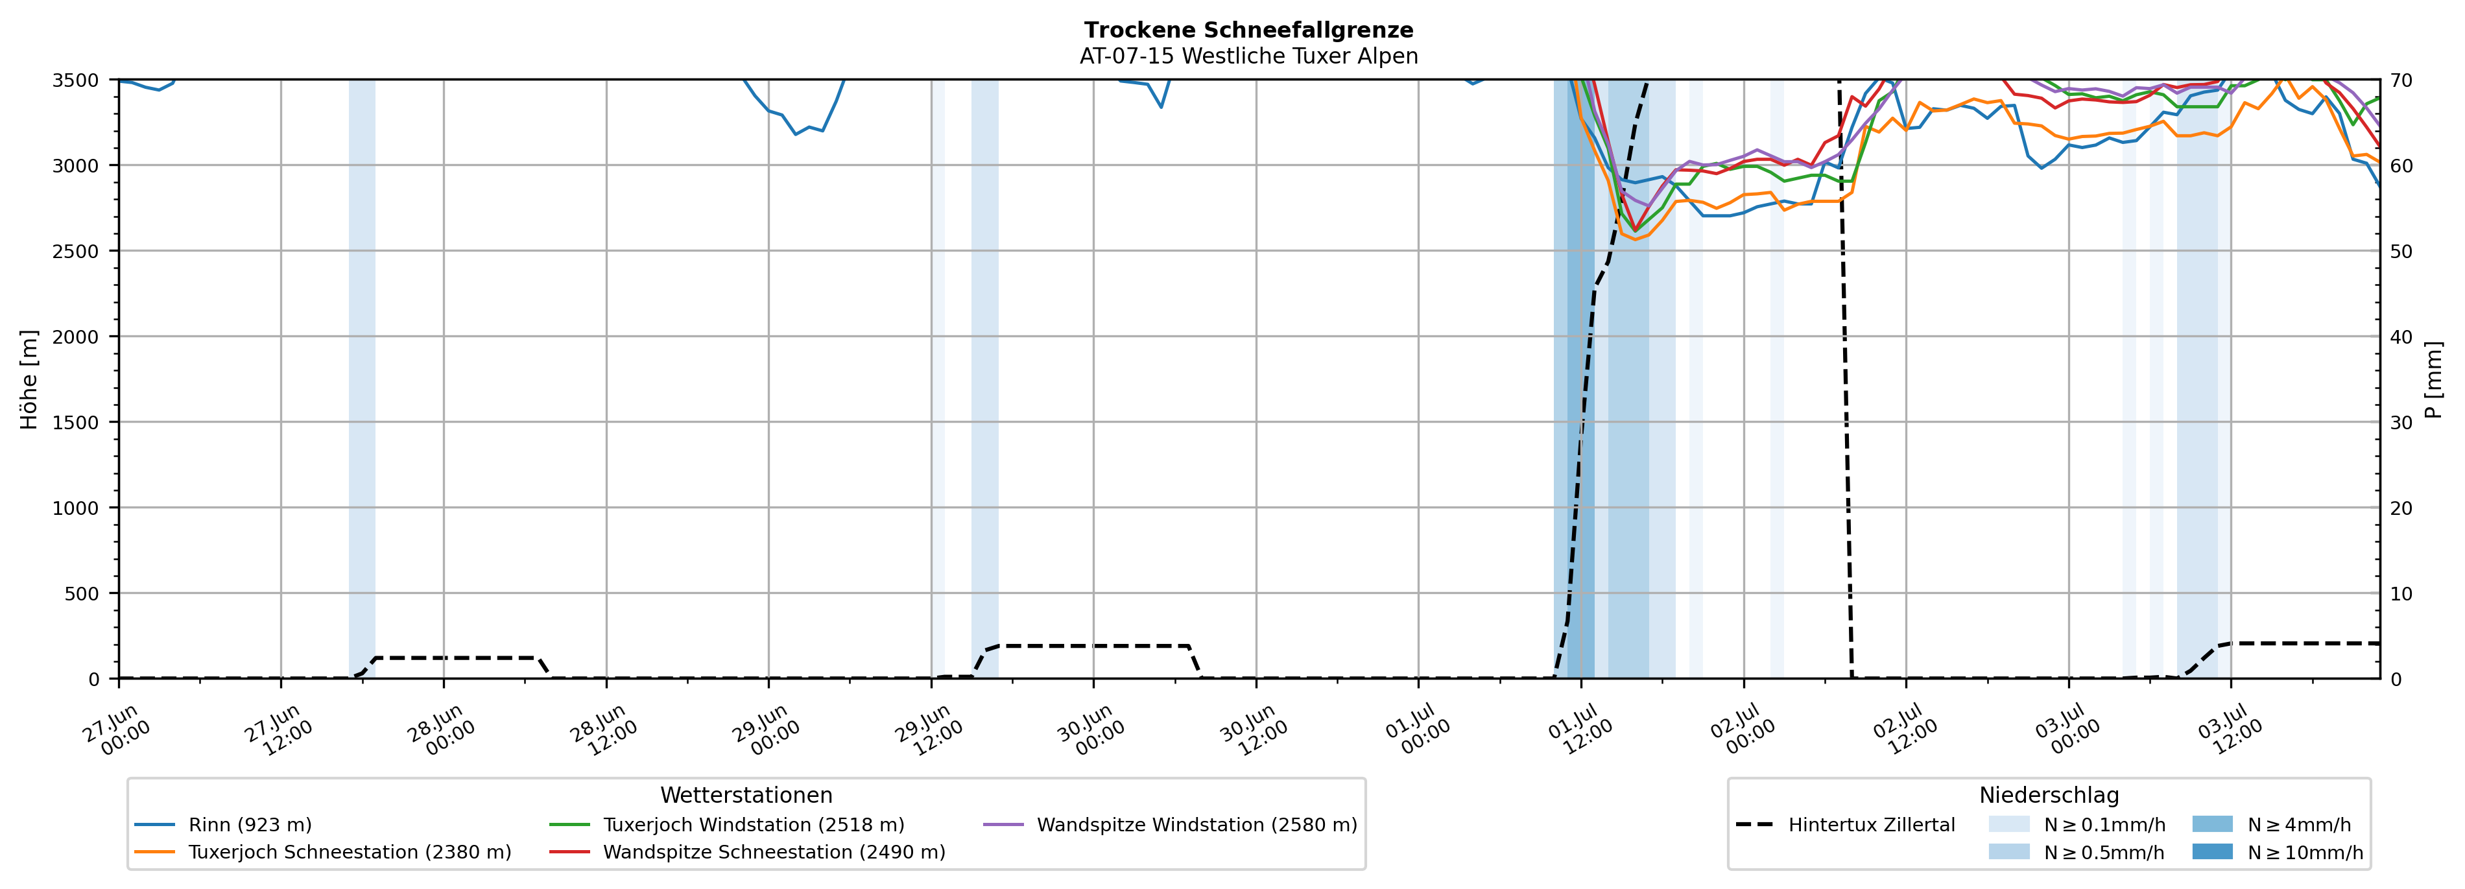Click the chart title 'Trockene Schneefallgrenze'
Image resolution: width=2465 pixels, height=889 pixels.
pyautogui.click(x=1249, y=30)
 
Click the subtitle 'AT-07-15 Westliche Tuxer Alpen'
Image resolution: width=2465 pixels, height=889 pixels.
pyautogui.click(x=1249, y=56)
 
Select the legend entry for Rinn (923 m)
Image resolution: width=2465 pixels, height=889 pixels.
pyautogui.click(x=223, y=825)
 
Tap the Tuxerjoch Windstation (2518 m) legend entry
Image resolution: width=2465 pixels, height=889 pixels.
pyautogui.click(x=726, y=825)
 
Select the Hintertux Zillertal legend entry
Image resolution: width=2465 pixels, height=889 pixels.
pyautogui.click(x=1845, y=825)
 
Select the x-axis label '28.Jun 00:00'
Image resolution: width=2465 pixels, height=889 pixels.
pyautogui.click(x=442, y=730)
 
